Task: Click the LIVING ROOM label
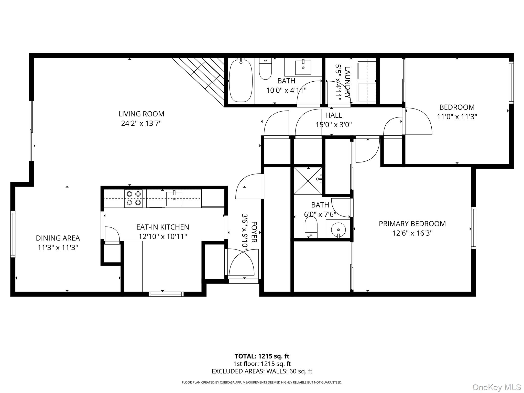click(x=141, y=114)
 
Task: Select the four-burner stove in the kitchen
click(x=134, y=198)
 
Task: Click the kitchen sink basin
click(x=174, y=199)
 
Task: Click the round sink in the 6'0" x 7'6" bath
click(x=338, y=229)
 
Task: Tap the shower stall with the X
click(x=308, y=180)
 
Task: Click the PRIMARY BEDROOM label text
click(x=412, y=224)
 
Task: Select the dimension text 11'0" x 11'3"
click(x=457, y=117)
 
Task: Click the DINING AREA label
click(x=58, y=238)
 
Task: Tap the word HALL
click(x=334, y=115)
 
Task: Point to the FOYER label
click(x=254, y=232)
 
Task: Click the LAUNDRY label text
click(x=347, y=82)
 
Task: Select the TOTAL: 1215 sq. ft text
click(x=262, y=356)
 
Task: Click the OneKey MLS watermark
click(x=496, y=387)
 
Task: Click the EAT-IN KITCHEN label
click(x=163, y=227)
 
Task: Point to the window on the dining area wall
click(x=13, y=234)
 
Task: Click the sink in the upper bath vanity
click(x=303, y=67)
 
